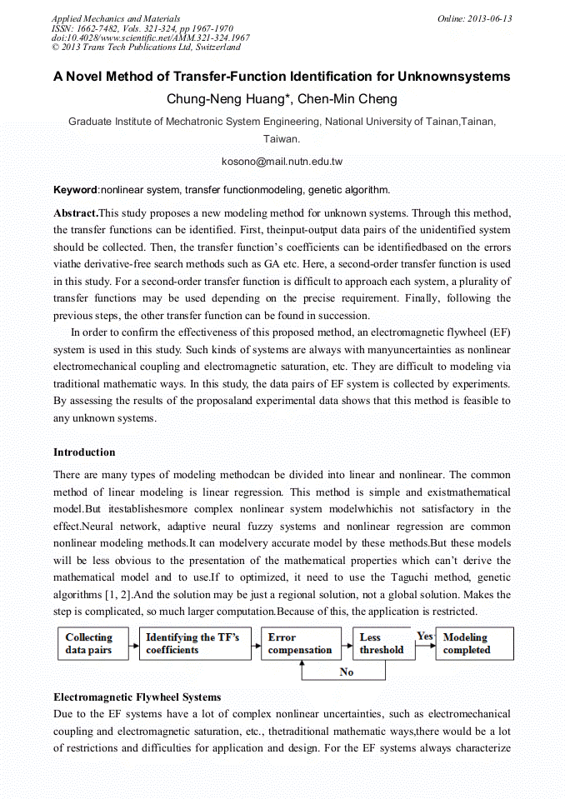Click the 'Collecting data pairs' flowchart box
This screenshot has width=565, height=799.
click(92, 643)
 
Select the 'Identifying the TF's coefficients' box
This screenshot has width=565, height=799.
click(194, 643)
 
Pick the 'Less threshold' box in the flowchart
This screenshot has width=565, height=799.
click(382, 643)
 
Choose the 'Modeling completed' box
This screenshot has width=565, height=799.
click(474, 643)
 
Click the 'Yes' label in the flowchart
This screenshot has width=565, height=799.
click(425, 637)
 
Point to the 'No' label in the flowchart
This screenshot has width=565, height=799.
click(347, 672)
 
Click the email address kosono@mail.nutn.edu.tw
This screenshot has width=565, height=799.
click(282, 161)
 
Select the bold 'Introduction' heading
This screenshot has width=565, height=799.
click(84, 452)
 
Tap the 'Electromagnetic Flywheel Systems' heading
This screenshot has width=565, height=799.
click(137, 697)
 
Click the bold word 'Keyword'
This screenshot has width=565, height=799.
click(75, 190)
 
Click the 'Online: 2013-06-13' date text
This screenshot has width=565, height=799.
click(474, 18)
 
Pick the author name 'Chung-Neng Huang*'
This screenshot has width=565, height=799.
click(228, 99)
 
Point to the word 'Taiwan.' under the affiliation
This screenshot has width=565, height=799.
click(282, 139)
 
